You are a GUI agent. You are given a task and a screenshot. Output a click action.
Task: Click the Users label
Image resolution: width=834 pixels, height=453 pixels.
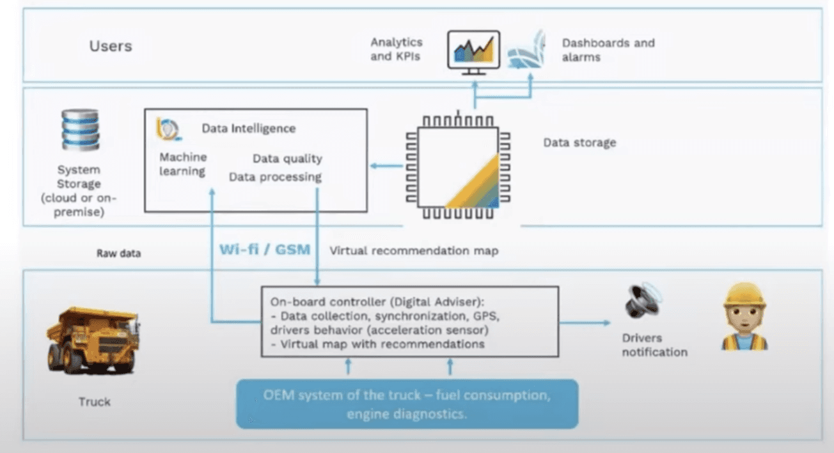click(x=111, y=46)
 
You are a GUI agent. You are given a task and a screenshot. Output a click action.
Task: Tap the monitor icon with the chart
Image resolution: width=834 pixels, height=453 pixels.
click(x=473, y=52)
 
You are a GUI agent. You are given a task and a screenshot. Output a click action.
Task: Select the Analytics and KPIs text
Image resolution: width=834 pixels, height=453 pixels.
click(x=396, y=49)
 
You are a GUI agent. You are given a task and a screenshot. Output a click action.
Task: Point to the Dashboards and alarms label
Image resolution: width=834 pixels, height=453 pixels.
click(x=608, y=50)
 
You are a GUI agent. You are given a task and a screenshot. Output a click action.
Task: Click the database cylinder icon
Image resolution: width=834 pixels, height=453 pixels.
click(x=81, y=129)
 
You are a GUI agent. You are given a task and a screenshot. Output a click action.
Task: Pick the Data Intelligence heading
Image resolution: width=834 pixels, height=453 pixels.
click(x=248, y=128)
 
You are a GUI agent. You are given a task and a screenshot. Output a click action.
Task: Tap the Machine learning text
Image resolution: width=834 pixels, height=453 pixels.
click(x=183, y=164)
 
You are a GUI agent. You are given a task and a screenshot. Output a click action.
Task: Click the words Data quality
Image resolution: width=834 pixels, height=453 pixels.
click(x=287, y=159)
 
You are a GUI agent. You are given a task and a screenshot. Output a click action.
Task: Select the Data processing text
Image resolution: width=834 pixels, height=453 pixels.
click(x=275, y=177)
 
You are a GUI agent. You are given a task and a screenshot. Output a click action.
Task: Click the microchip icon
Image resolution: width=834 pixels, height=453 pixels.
click(x=458, y=166)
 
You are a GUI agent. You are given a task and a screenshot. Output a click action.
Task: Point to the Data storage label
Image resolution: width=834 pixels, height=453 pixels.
click(x=579, y=142)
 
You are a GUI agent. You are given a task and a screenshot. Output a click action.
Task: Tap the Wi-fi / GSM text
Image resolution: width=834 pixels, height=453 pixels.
click(x=265, y=250)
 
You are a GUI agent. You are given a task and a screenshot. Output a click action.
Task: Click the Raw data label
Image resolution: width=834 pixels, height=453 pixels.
click(x=119, y=253)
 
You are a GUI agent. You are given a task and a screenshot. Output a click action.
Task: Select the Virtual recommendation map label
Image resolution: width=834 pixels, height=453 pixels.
click(x=414, y=251)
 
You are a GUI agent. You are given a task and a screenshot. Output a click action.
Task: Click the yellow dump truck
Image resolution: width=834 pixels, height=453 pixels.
click(x=93, y=340)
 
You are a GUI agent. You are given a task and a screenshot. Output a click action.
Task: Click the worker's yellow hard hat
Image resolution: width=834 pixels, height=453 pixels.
click(x=744, y=294)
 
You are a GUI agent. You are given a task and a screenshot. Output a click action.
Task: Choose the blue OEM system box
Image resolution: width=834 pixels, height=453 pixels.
click(x=407, y=404)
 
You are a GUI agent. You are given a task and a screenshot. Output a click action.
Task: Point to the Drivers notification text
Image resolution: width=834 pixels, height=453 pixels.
click(x=654, y=345)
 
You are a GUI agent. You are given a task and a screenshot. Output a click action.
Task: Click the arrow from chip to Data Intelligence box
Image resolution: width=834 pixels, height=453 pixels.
click(x=386, y=166)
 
